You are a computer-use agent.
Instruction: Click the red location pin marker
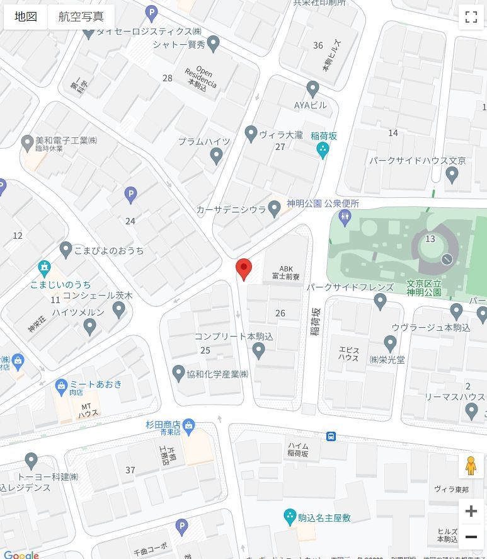[x=244, y=268]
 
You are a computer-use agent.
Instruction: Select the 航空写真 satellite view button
[x=81, y=17]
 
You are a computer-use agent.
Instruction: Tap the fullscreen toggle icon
[x=471, y=17]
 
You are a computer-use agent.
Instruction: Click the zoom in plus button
[x=471, y=511]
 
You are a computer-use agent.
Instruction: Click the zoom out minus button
[x=471, y=537]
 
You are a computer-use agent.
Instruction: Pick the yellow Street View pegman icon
[x=471, y=466]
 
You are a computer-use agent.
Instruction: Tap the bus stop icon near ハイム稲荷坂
[x=331, y=437]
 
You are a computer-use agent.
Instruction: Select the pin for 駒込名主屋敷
[x=290, y=517]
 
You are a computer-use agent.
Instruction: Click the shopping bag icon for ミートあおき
[x=61, y=384]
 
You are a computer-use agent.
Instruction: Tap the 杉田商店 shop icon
[x=188, y=425]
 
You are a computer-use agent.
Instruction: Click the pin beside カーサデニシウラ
[x=274, y=209]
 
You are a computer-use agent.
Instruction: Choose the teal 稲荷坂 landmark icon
[x=323, y=150]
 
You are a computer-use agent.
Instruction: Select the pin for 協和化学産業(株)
[x=178, y=373]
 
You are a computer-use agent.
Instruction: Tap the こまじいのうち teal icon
[x=43, y=268]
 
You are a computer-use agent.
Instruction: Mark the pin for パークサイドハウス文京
[x=452, y=175]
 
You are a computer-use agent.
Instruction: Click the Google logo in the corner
[x=21, y=555]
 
